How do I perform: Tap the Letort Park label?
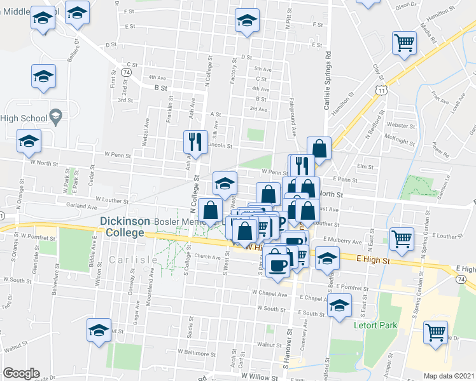[375, 326]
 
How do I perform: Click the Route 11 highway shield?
[381, 91]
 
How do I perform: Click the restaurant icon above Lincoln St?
[195, 142]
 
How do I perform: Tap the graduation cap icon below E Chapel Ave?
[340, 305]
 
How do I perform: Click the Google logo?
[21, 373]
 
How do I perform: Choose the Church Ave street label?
[207, 257]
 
